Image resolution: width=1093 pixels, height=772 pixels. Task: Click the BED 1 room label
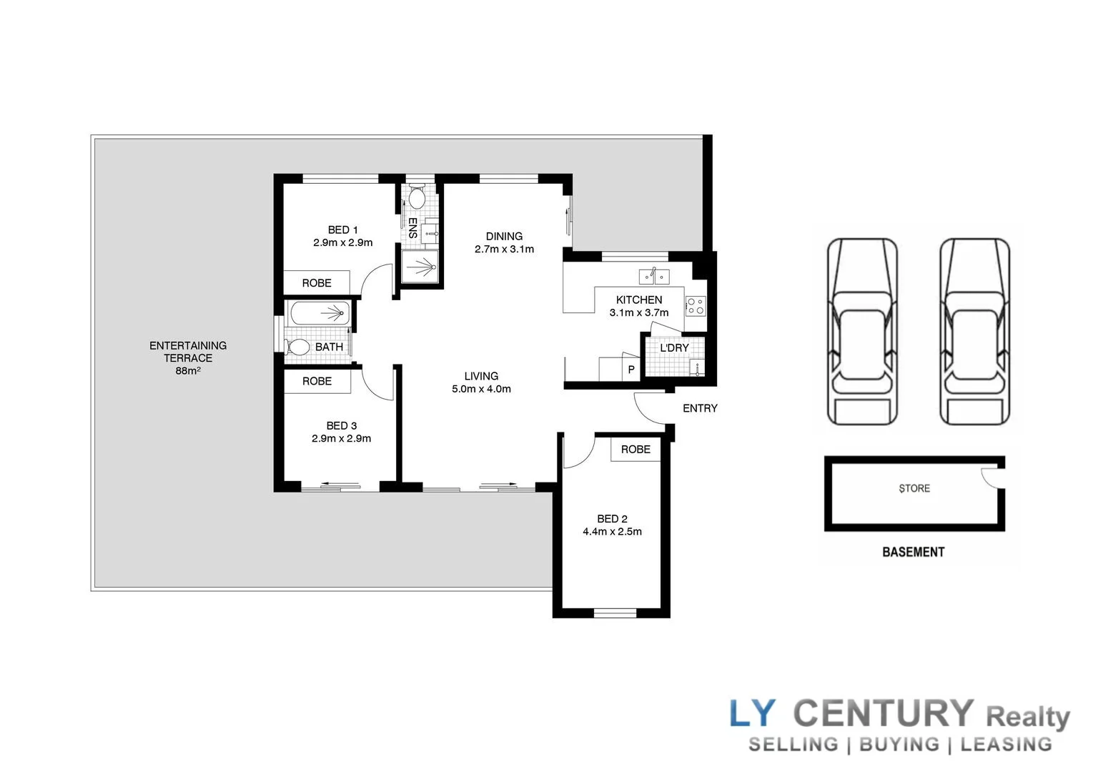[342, 229]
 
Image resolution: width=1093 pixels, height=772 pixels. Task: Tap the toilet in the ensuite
[417, 197]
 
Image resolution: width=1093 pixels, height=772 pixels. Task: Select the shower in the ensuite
[420, 267]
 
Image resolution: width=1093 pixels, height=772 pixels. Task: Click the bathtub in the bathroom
[319, 312]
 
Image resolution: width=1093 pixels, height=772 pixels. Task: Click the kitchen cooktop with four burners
[695, 306]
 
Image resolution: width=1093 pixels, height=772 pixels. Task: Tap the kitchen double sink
[653, 274]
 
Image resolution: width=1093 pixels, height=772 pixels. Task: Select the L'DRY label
[674, 347]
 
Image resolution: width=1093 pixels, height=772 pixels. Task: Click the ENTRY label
[699, 408]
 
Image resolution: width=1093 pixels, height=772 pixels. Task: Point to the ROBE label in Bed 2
[635, 449]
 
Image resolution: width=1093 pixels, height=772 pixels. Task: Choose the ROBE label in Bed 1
[316, 283]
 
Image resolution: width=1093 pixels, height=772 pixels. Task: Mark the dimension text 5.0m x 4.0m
[481, 389]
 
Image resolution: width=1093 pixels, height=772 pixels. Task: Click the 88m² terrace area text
[187, 371]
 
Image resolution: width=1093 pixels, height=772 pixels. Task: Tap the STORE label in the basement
[914, 488]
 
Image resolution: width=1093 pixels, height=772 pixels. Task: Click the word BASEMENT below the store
[913, 552]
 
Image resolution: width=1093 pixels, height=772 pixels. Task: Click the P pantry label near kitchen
[630, 370]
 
